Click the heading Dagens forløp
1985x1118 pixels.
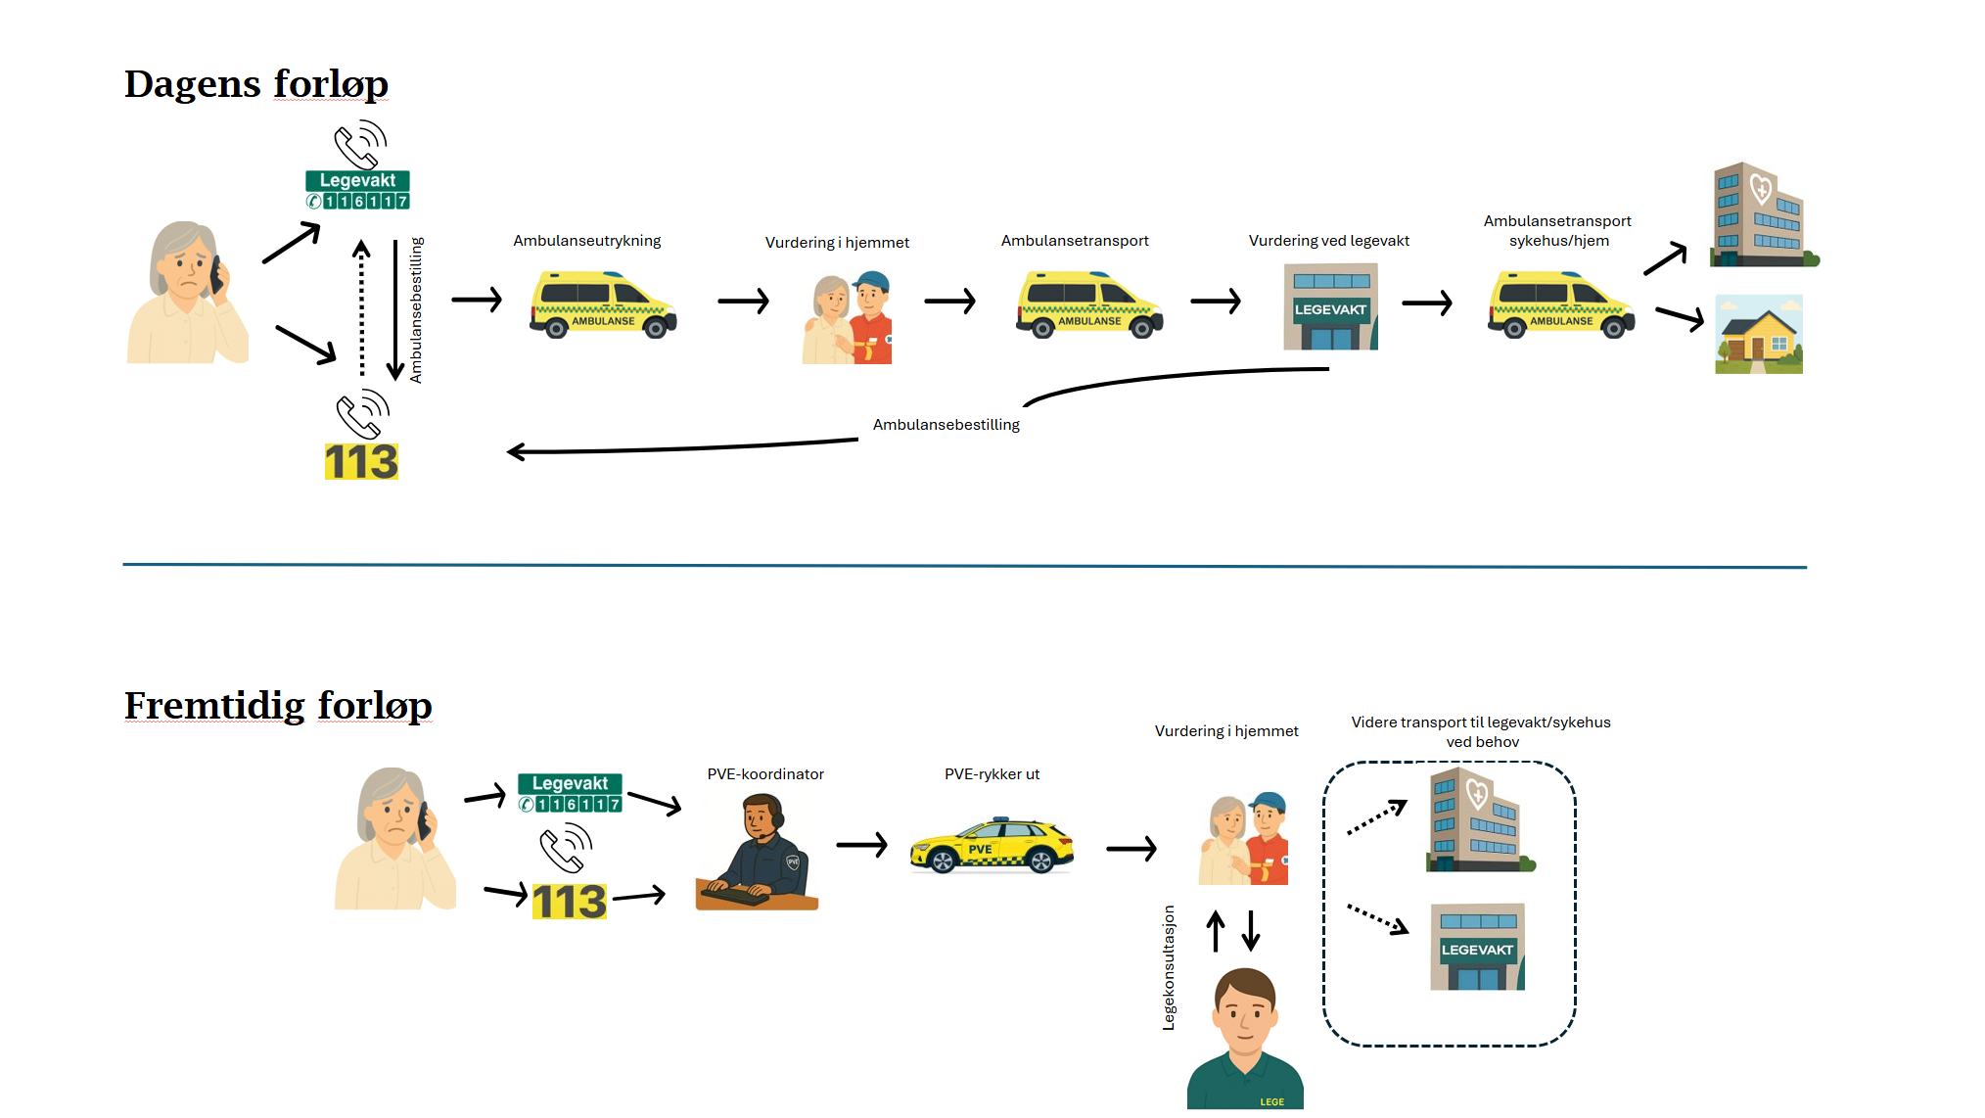(x=256, y=84)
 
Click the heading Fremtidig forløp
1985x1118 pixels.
(x=278, y=706)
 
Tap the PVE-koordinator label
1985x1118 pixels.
(x=765, y=774)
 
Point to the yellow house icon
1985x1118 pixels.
(x=1759, y=335)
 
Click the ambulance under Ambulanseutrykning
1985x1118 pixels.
(x=603, y=304)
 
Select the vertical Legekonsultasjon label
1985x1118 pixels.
(x=1169, y=967)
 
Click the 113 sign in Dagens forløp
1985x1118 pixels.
(x=361, y=462)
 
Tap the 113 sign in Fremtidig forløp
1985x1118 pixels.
(x=569, y=902)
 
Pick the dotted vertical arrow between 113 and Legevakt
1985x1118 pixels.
(x=362, y=308)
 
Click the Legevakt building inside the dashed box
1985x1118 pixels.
(x=1477, y=947)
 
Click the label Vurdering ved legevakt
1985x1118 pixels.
(x=1328, y=241)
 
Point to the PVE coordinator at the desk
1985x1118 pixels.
(x=757, y=853)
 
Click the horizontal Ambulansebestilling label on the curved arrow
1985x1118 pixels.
(x=946, y=425)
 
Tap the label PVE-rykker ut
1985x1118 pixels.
(x=992, y=774)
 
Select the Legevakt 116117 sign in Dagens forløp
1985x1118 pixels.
(x=357, y=190)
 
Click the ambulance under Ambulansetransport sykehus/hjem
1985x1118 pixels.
(x=1561, y=304)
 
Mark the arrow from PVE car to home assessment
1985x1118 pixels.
(x=1131, y=849)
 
